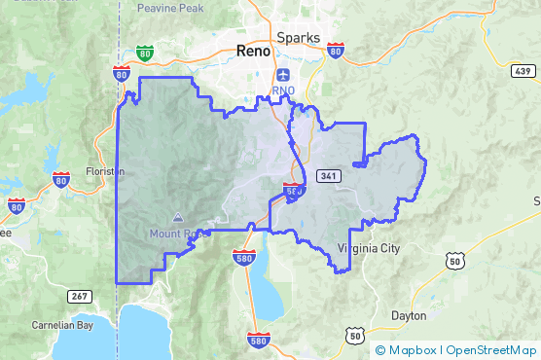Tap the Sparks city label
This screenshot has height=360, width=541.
pyautogui.click(x=298, y=37)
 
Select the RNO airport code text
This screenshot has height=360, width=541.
pyautogui.click(x=283, y=91)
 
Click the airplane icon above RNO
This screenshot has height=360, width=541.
pyautogui.click(x=283, y=75)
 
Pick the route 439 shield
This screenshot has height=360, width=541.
pyautogui.click(x=523, y=70)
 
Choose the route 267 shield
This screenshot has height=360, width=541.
pyautogui.click(x=80, y=295)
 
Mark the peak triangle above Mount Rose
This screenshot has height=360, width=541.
pyautogui.click(x=176, y=218)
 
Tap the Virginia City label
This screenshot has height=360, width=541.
pyautogui.click(x=369, y=248)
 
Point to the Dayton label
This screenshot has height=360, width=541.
pyautogui.click(x=409, y=315)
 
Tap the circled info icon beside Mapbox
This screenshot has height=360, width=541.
pyautogui.click(x=379, y=349)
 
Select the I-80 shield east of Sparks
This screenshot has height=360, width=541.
pyautogui.click(x=335, y=49)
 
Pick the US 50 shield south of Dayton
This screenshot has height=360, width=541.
pyautogui.click(x=353, y=336)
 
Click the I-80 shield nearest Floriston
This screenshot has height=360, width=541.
pyautogui.click(x=60, y=178)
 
